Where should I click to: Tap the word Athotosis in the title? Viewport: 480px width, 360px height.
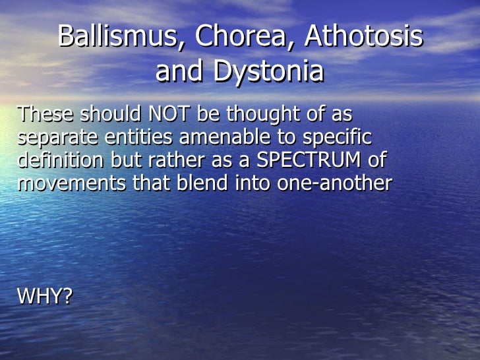click(x=363, y=37)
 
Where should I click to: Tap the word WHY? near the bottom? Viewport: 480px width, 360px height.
click(x=44, y=297)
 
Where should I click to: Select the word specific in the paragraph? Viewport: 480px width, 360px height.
click(x=339, y=138)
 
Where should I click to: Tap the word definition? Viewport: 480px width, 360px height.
click(x=61, y=160)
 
